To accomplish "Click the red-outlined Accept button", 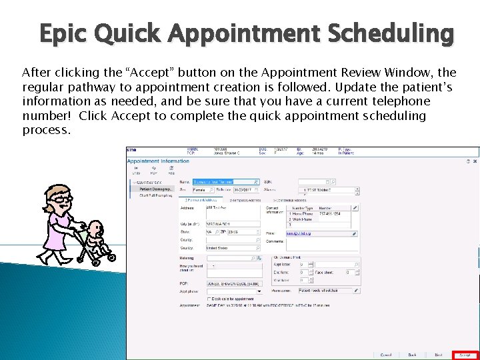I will (465, 355).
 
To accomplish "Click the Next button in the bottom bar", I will (438, 355).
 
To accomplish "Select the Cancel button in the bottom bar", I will (385, 355).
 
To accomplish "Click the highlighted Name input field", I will (225, 181).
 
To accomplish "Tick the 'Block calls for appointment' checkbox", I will (210, 299).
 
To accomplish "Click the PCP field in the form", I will (233, 283).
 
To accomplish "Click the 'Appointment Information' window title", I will (158, 161).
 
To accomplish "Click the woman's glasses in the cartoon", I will (61, 198).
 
